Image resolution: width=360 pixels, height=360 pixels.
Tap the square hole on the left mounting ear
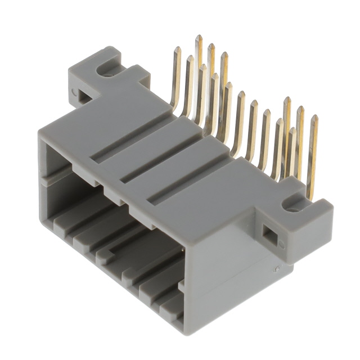(83, 95)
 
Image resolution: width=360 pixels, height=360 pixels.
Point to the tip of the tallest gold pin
(198, 38)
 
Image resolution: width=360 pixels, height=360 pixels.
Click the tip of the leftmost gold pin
(177, 49)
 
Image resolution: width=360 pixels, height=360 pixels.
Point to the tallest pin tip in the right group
(287, 100)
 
